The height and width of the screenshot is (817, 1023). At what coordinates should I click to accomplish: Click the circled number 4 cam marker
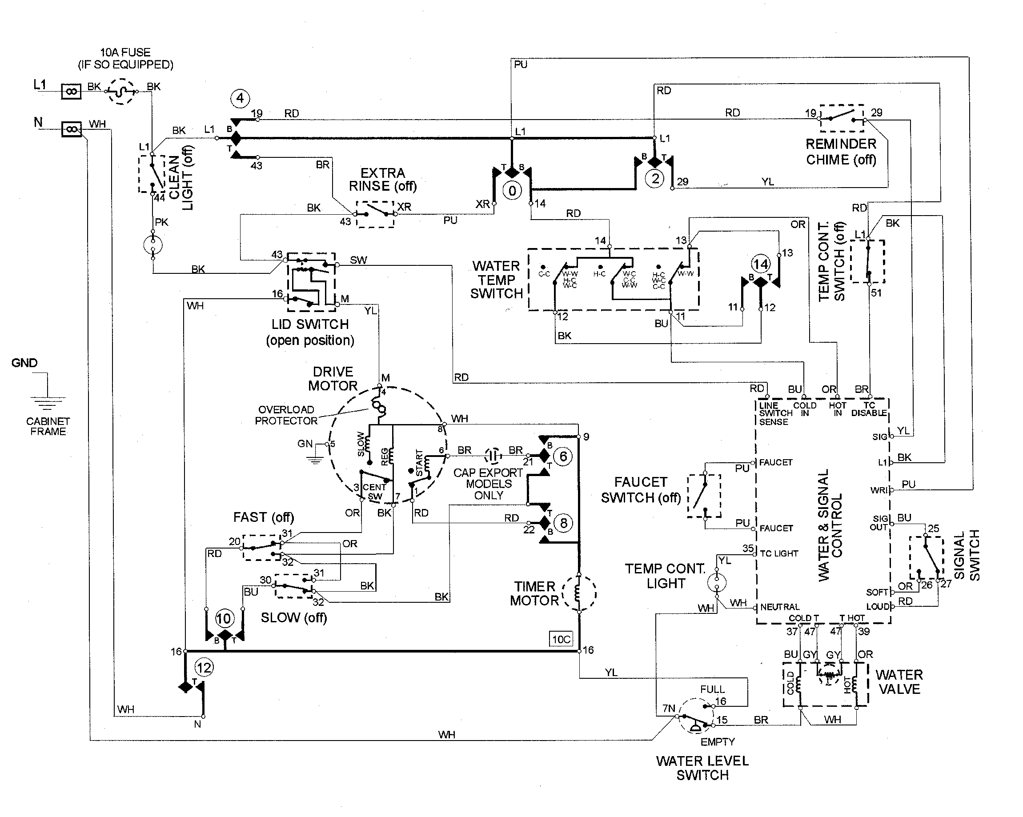coord(240,98)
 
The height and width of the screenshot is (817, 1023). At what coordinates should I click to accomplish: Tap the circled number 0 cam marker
coord(512,191)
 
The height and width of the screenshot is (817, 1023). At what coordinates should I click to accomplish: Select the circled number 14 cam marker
coord(761,264)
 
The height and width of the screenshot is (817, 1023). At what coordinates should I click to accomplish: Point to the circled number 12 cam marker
coord(204,668)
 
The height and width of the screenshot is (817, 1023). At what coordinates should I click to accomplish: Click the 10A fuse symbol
coord(122,91)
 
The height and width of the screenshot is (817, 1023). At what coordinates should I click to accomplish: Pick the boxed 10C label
coord(561,639)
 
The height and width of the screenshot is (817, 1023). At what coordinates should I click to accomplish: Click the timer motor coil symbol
coord(579,593)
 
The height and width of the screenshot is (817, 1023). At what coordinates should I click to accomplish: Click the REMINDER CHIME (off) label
coord(841,152)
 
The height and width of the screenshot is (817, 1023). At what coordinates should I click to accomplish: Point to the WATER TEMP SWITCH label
coord(496,280)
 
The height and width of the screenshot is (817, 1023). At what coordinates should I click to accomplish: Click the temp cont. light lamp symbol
coord(717,582)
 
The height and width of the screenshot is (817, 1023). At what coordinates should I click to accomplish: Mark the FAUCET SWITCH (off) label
coord(641,490)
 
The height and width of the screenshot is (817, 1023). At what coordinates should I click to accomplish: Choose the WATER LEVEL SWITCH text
coord(702,768)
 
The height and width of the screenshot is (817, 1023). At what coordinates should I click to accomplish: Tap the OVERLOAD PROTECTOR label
coord(286,415)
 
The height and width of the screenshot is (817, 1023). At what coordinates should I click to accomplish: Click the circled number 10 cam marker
coord(224,618)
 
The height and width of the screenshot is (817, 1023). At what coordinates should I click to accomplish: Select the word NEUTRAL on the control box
coord(779,607)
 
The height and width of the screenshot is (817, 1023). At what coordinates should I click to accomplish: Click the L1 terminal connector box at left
coord(71,91)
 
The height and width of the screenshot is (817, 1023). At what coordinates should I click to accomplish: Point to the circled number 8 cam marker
coord(563,523)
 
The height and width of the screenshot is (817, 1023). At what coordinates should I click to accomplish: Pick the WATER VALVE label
coord(899,682)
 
